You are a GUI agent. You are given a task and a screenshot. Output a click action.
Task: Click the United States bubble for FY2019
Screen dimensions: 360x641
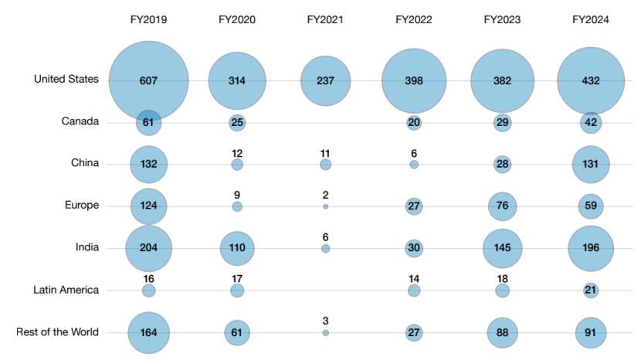(x=148, y=80)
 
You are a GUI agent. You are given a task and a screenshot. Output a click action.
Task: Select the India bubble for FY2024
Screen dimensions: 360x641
(x=591, y=248)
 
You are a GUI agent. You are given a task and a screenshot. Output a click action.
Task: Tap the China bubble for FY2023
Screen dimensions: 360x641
(x=502, y=165)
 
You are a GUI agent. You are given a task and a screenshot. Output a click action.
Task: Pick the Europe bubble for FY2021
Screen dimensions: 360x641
(x=325, y=207)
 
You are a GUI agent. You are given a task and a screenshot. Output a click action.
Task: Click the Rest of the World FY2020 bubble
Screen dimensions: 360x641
(x=237, y=332)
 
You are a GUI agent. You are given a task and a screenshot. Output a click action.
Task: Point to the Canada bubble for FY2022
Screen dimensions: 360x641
(x=414, y=123)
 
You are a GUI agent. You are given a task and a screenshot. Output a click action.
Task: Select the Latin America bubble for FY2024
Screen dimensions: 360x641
(x=591, y=290)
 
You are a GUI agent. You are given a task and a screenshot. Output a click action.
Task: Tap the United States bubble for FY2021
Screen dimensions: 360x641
(x=325, y=80)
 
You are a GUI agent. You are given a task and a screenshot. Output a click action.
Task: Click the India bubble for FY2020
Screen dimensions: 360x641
(x=237, y=248)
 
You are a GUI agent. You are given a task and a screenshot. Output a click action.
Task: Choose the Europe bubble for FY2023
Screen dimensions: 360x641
(x=502, y=206)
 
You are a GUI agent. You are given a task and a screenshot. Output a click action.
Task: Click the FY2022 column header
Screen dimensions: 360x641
(x=414, y=20)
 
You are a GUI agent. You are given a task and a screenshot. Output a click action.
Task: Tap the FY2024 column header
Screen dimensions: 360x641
(x=591, y=20)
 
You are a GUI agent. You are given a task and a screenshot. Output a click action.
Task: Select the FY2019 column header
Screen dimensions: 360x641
(x=148, y=20)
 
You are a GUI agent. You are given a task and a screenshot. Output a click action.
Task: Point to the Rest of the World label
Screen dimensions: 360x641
(x=57, y=332)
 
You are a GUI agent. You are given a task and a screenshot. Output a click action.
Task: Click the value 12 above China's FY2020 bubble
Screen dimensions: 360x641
(x=237, y=153)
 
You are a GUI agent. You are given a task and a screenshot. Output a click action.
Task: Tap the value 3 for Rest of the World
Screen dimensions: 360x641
(x=325, y=321)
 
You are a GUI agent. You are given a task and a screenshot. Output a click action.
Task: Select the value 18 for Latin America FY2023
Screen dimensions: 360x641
(x=502, y=278)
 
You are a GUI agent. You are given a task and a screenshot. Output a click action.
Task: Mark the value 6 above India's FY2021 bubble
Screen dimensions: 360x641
(x=325, y=236)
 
